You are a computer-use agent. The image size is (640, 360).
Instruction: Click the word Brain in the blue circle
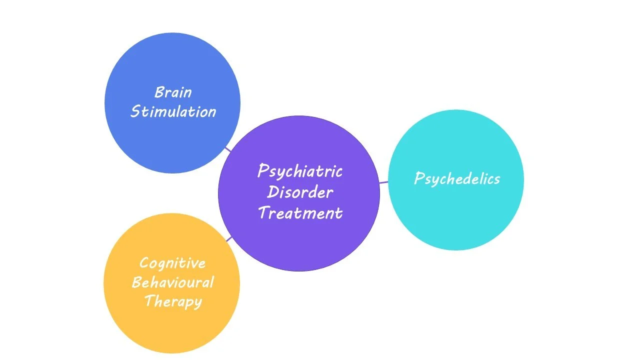click(173, 92)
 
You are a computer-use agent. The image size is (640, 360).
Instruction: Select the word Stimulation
click(173, 111)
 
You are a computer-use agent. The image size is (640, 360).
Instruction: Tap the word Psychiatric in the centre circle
click(300, 171)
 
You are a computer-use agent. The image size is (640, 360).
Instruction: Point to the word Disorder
click(300, 192)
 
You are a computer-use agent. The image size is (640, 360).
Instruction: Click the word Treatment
click(300, 213)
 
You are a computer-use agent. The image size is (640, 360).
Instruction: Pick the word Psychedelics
click(457, 179)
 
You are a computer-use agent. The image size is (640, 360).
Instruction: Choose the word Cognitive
click(172, 263)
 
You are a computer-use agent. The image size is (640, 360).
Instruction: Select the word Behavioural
click(172, 282)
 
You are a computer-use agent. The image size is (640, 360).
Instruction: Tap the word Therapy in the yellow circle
click(173, 302)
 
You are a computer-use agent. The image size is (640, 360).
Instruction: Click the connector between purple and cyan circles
click(383, 182)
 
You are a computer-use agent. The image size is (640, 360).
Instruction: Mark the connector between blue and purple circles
click(227, 148)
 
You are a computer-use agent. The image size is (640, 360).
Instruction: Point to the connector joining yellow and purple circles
click(229, 239)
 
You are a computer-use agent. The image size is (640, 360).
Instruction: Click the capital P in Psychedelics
click(419, 178)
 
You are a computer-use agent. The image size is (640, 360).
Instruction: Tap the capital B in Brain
click(159, 92)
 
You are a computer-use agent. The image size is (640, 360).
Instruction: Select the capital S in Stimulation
click(134, 111)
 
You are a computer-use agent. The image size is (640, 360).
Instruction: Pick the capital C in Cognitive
click(144, 263)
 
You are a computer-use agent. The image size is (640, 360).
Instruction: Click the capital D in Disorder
click(272, 192)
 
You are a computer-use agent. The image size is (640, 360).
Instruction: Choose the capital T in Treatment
click(263, 213)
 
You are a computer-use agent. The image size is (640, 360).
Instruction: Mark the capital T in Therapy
click(149, 301)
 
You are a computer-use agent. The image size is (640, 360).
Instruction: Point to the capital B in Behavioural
click(136, 282)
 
